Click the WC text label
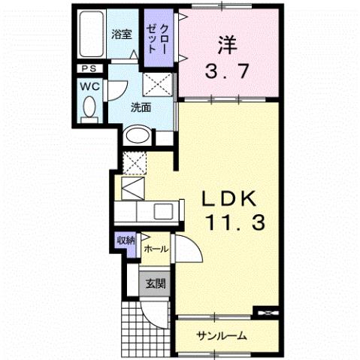click(89, 85)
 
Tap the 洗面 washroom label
click(140, 107)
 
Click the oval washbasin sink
click(137, 136)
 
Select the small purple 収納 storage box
click(125, 241)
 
